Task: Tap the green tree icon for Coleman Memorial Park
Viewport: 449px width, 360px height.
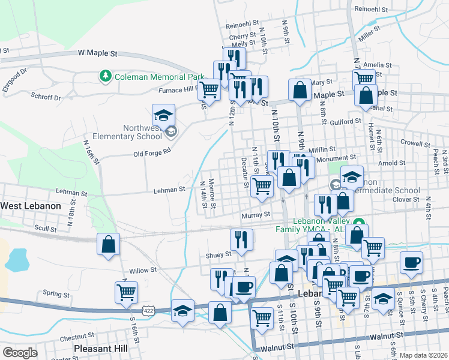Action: [106, 76]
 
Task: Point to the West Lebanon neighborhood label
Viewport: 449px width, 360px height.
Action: [31, 206]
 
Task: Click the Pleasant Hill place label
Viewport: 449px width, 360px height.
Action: [100, 348]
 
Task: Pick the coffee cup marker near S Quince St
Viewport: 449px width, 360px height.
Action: [411, 262]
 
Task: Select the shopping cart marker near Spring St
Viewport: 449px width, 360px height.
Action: [126, 293]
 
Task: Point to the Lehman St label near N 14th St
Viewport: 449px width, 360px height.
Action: [169, 190]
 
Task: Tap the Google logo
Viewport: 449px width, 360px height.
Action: [20, 353]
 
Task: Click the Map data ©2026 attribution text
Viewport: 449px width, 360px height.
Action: [423, 355]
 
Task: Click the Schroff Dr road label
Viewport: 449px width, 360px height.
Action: [49, 97]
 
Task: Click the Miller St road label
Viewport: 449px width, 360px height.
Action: [370, 34]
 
